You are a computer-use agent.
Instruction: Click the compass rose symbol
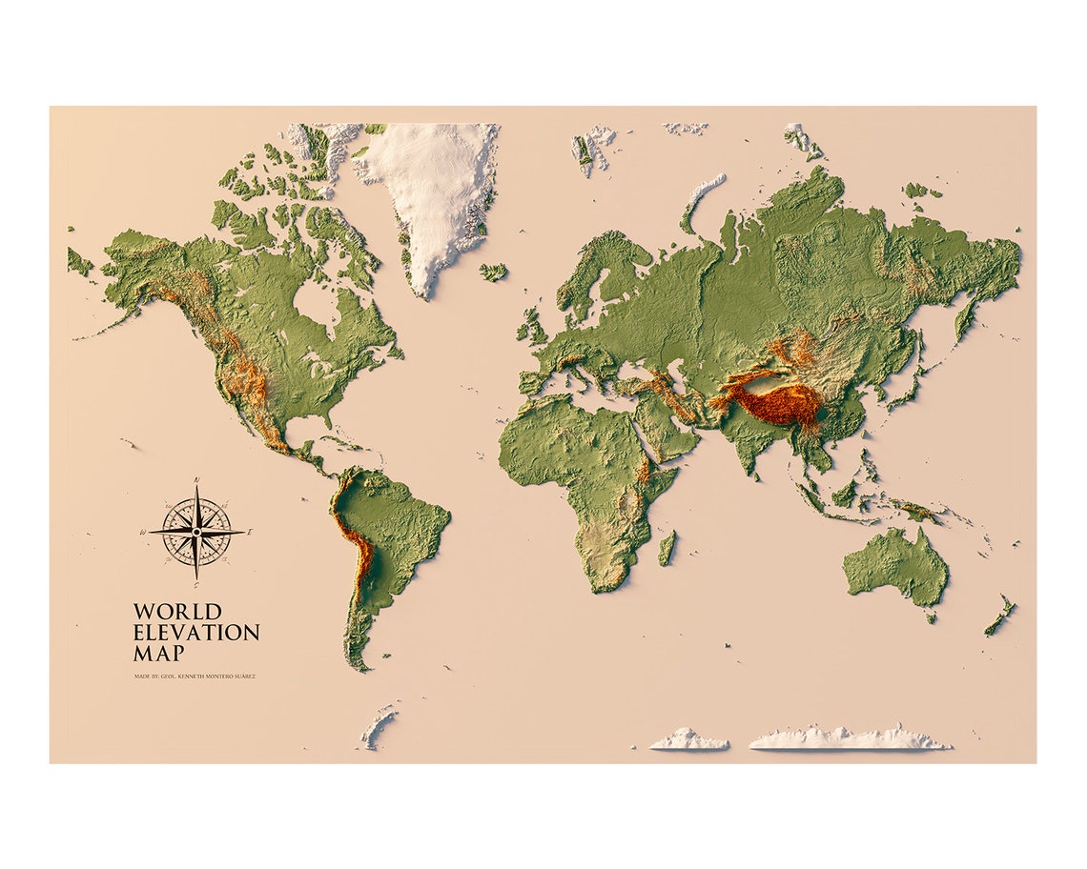pyautogui.click(x=195, y=531)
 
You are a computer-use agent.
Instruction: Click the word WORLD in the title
pyautogui.click(x=177, y=612)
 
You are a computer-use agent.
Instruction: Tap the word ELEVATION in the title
pyautogui.click(x=196, y=633)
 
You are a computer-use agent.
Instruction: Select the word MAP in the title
pyautogui.click(x=158, y=654)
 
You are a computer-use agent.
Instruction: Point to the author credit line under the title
pyautogui.click(x=195, y=677)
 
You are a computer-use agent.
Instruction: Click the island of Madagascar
pyautogui.click(x=667, y=548)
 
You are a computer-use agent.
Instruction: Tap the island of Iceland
pyautogui.click(x=493, y=272)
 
